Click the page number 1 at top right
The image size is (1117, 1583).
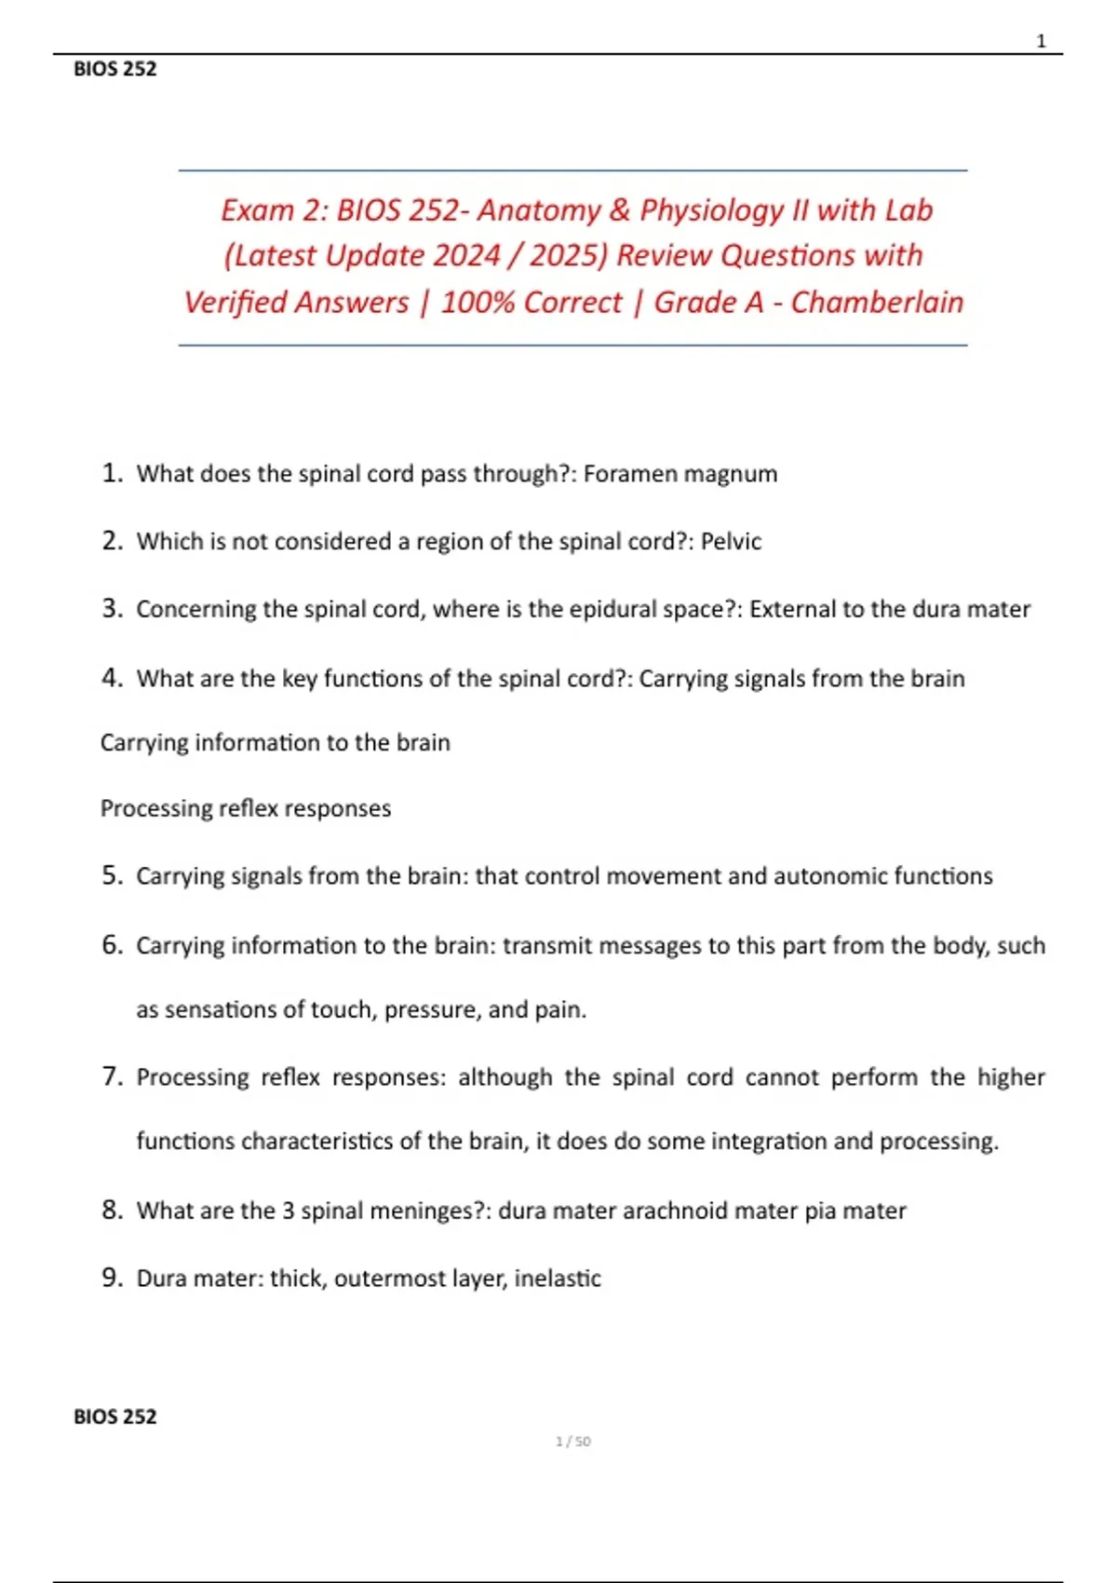(x=1041, y=41)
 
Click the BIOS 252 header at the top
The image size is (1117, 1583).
(x=115, y=69)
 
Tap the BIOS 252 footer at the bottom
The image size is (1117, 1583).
(x=115, y=1416)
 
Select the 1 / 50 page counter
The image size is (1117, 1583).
(x=572, y=1441)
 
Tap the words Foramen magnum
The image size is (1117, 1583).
(x=680, y=474)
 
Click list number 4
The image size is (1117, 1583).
(x=112, y=677)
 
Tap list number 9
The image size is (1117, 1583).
(x=112, y=1278)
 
